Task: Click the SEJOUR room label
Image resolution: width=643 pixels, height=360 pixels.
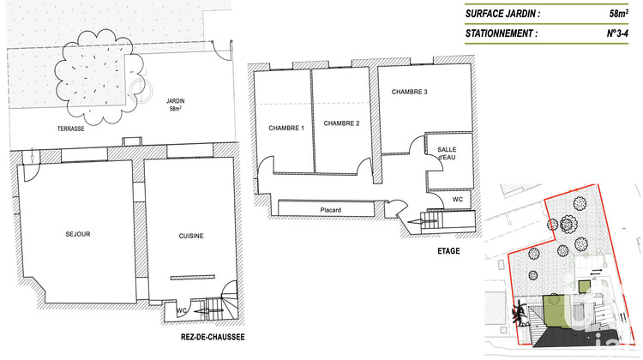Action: (77, 234)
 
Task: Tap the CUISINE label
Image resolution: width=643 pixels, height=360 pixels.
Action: (190, 236)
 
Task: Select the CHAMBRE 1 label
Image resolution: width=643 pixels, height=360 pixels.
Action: (286, 128)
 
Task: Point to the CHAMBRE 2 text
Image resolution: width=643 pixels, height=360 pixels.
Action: (341, 123)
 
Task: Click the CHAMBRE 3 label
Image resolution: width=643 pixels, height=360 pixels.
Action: (409, 92)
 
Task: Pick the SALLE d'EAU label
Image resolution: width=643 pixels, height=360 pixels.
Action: (447, 153)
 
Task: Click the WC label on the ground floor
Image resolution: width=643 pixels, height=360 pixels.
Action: (182, 310)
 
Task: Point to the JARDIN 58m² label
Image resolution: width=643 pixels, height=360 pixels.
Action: (175, 105)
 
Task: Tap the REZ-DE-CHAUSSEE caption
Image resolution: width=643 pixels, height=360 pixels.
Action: (213, 337)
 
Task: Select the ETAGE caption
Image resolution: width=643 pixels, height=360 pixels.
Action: (448, 251)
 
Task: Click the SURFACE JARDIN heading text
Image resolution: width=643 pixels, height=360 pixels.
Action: (502, 14)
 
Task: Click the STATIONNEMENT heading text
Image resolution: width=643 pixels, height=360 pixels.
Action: (502, 34)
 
